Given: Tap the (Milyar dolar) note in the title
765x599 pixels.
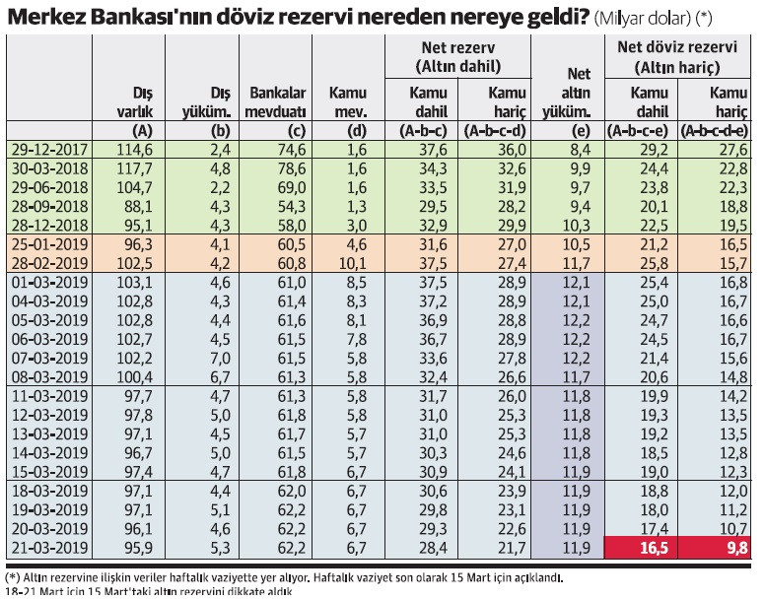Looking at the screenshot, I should point(643,19).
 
